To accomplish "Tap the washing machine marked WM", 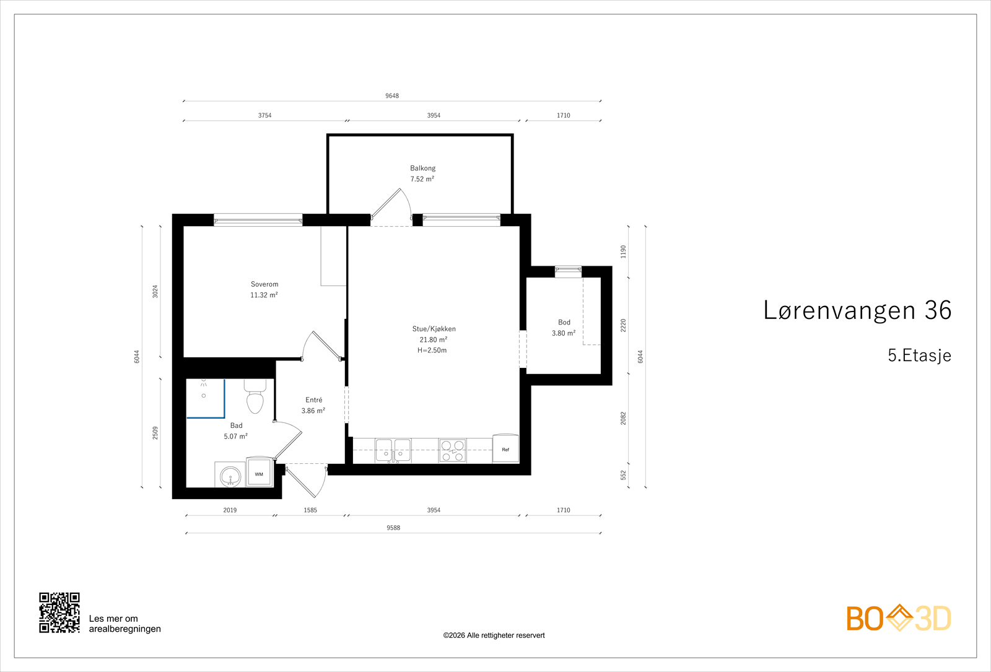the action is point(260,473).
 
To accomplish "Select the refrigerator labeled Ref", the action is point(505,448).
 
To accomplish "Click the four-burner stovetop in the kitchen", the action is point(452,451).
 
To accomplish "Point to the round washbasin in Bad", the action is point(230,476).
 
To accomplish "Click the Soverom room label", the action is point(264,284).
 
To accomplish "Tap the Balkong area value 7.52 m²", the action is point(422,179).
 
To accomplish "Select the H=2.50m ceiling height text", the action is point(432,351).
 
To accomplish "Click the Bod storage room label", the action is point(564,323).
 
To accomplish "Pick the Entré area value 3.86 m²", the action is point(313,411).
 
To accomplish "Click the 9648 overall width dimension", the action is point(392,95).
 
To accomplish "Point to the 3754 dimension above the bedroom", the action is point(264,115).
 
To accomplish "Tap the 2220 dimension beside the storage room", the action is point(623,326).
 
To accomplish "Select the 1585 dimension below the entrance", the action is point(310,510).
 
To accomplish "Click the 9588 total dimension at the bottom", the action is point(393,528).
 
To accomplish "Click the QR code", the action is point(59,613).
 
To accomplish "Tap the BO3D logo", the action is point(899,618).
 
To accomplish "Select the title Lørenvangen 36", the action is point(857,310).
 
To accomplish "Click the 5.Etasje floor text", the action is point(919,356).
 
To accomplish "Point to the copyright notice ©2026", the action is point(494,635).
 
